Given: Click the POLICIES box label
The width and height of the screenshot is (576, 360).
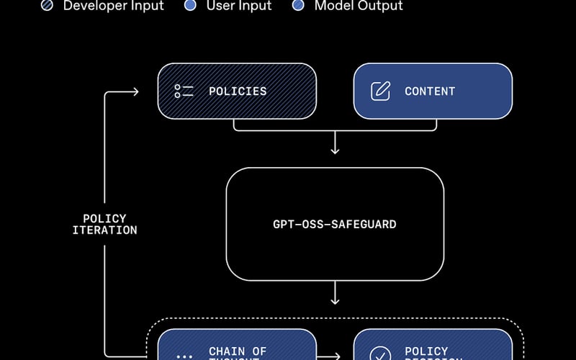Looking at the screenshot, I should coord(238,91).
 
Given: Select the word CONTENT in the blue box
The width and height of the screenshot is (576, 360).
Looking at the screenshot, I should coord(430,91).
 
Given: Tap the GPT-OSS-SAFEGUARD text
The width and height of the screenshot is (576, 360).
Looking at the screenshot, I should coord(334,224).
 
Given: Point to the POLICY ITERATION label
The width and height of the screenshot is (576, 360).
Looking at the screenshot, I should coord(104,224).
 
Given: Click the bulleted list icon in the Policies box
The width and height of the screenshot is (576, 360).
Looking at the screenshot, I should coord(184,91).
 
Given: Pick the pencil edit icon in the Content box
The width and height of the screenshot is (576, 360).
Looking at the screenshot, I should coord(380,91).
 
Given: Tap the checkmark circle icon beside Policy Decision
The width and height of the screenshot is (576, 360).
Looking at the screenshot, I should coord(380,354).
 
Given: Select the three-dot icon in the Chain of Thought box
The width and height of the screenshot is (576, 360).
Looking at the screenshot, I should coord(184,356).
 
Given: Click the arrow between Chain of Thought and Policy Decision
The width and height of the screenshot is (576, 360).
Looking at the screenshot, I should coord(335,356).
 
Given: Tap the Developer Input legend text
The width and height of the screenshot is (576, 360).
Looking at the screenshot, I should coord(114,6).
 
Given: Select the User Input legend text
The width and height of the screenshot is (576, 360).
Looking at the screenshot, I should coord(238,6).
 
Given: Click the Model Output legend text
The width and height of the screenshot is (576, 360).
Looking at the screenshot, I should coord(359,6).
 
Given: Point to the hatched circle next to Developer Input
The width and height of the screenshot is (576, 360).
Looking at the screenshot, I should coord(47,6).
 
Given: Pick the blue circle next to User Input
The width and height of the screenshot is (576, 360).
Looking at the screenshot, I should coord(190,6).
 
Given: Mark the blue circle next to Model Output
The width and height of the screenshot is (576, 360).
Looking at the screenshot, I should coord(298,6).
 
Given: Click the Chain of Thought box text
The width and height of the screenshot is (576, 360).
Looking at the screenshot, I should coord(238,353).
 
